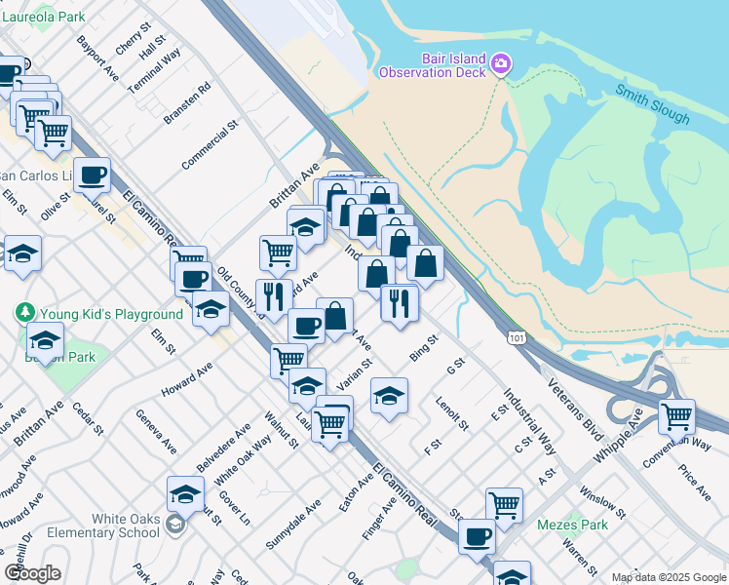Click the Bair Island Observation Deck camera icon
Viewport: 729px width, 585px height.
tap(501, 64)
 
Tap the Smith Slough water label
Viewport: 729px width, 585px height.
tap(652, 104)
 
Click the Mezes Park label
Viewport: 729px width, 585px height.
tap(572, 525)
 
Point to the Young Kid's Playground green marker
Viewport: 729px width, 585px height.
tap(25, 314)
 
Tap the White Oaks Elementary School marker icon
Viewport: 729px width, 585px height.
tap(174, 526)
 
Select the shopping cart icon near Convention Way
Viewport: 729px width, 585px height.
tap(676, 416)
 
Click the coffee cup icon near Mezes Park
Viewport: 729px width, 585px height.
tap(477, 535)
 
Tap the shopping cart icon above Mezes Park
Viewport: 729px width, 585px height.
tap(504, 504)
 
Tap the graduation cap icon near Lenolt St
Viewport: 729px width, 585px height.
tap(389, 396)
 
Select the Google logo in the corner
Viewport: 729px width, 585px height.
tap(32, 573)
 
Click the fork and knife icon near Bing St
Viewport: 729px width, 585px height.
tap(400, 303)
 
